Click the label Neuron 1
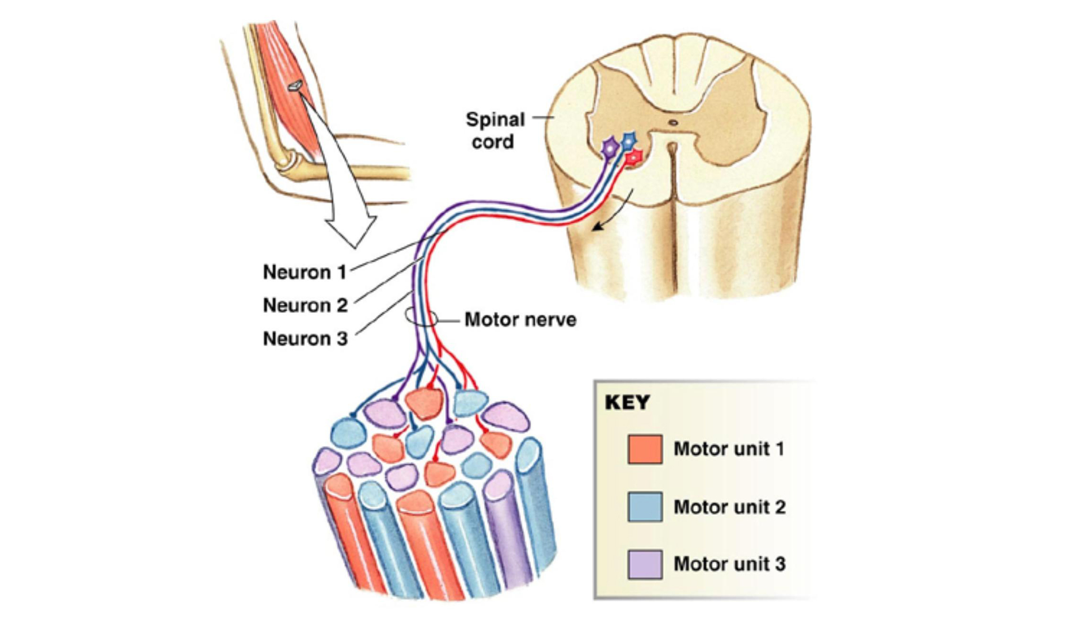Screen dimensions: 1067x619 click(x=305, y=272)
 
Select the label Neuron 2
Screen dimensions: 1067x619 click(x=305, y=305)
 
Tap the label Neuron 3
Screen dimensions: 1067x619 click(x=305, y=338)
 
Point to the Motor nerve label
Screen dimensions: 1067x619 click(x=520, y=319)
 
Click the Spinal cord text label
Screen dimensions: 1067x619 click(x=495, y=130)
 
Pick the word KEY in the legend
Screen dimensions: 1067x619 click(x=627, y=402)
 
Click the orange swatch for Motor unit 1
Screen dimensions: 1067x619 click(x=645, y=449)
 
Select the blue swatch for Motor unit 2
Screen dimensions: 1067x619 click(x=645, y=506)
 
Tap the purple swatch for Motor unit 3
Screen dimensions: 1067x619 click(x=645, y=564)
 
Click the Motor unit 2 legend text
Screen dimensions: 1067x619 click(x=729, y=506)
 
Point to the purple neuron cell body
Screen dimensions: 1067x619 click(x=610, y=148)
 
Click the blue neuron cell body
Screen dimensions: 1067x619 click(x=630, y=141)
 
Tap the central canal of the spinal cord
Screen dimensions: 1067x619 click(x=673, y=123)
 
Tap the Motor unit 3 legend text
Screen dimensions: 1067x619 click(x=729, y=564)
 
